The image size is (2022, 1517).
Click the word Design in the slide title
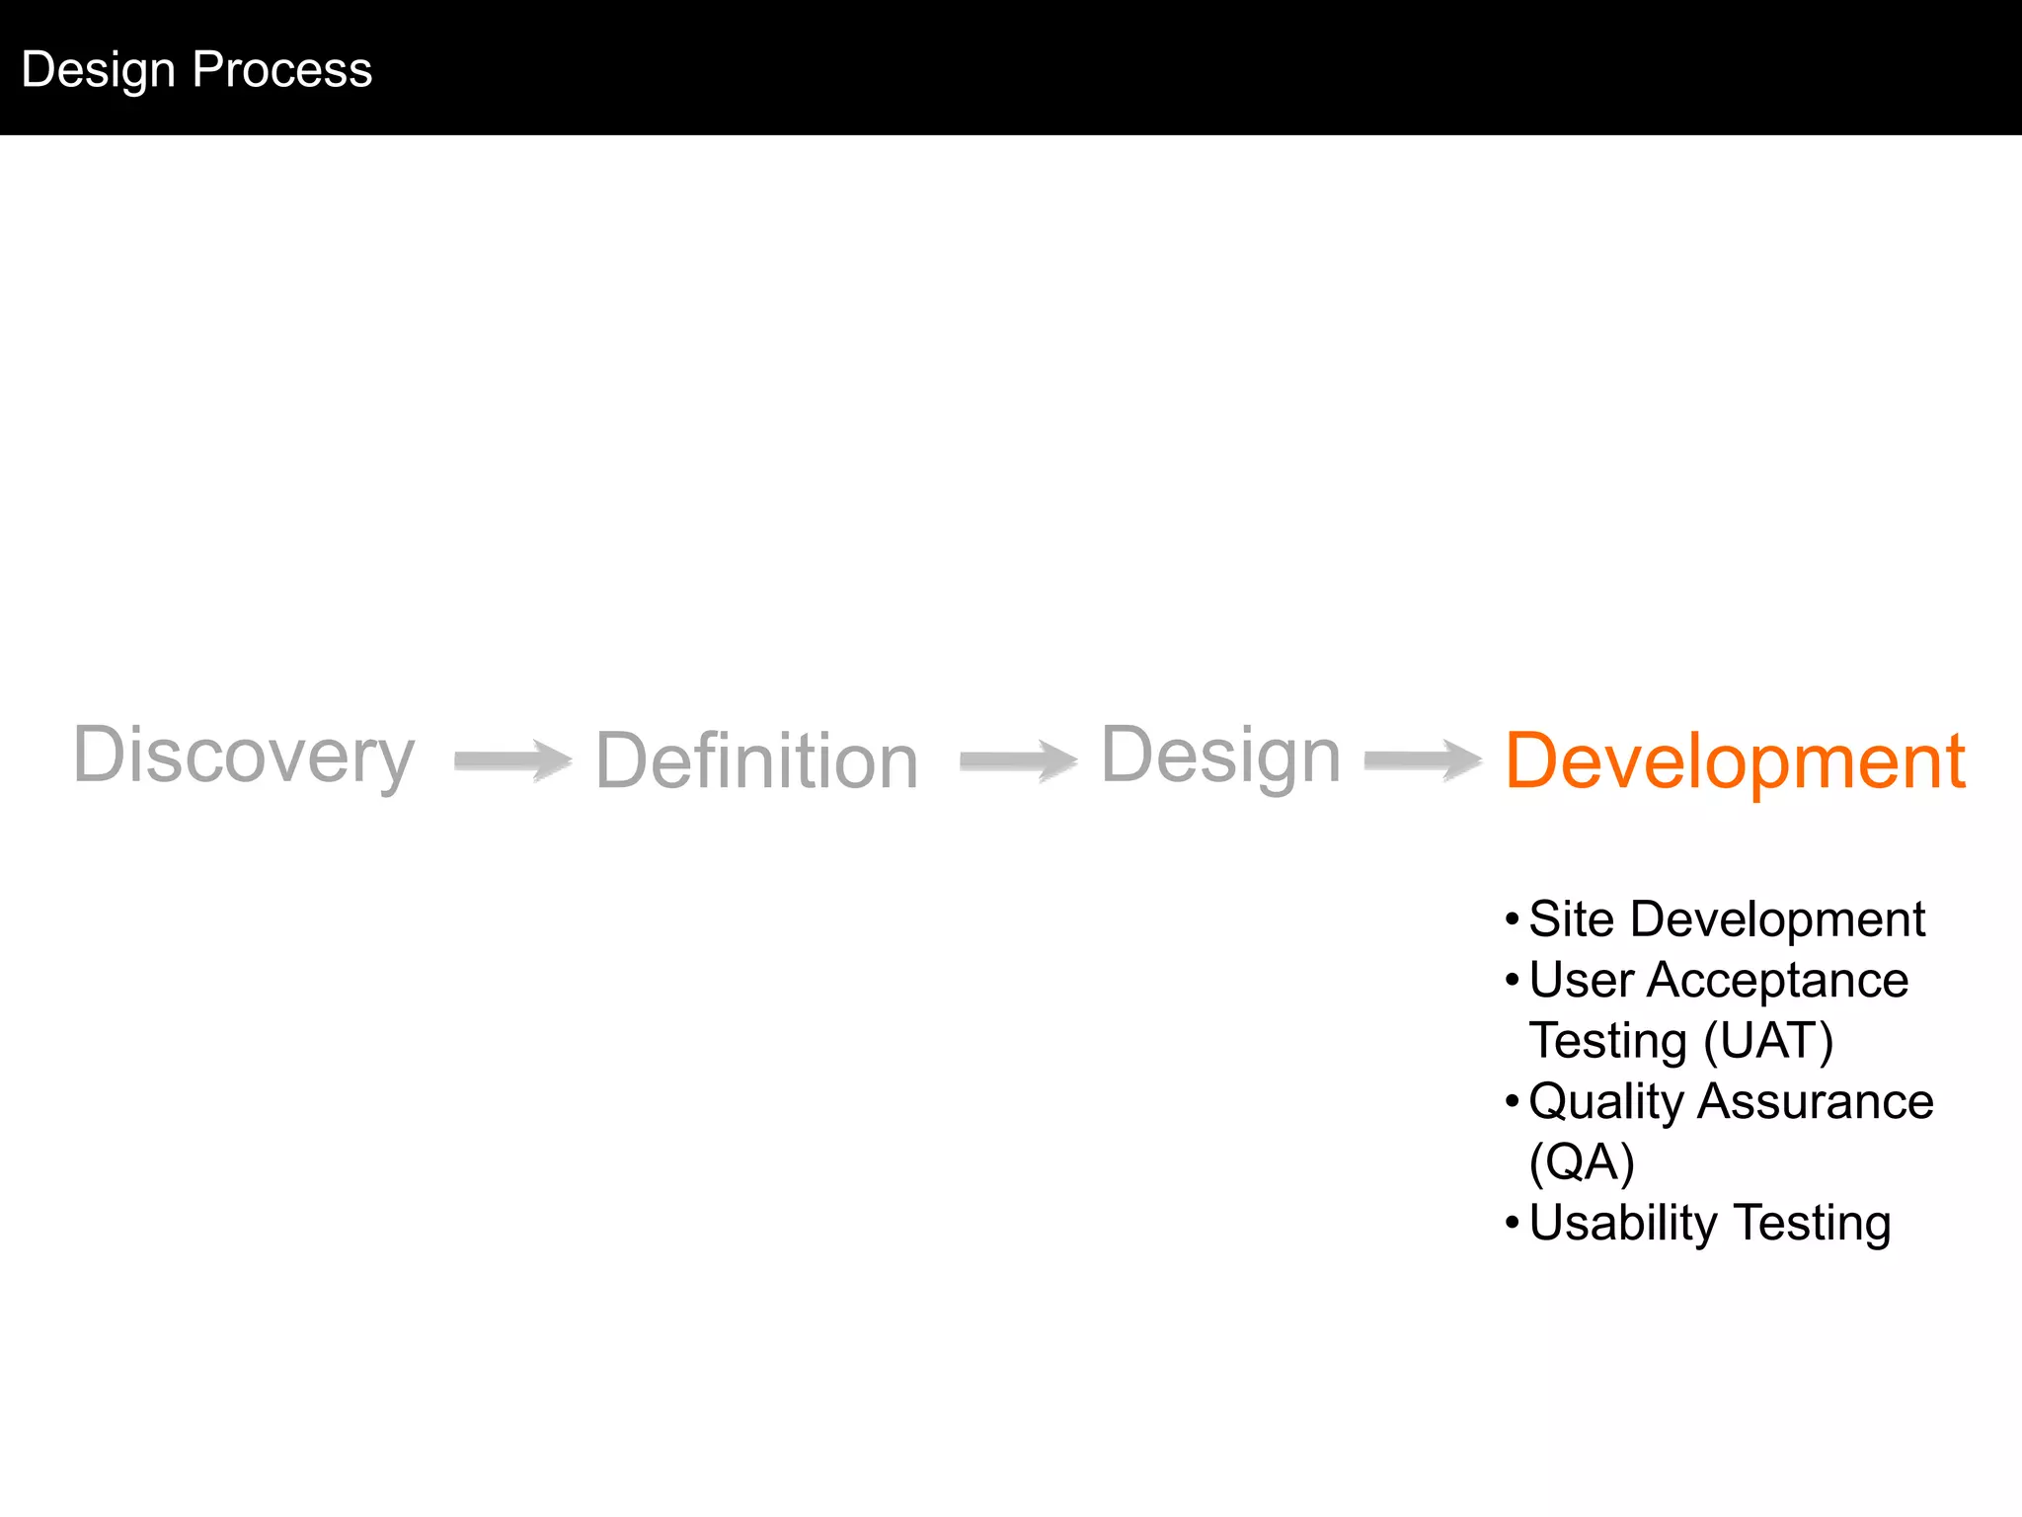pyautogui.click(x=98, y=70)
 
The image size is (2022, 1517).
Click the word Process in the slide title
pyautogui.click(x=282, y=70)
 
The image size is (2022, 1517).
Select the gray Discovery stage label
pyautogui.click(x=244, y=756)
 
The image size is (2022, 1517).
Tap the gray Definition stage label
pyautogui.click(x=756, y=761)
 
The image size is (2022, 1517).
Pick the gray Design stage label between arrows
pyautogui.click(x=1220, y=756)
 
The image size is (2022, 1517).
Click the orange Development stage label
pyautogui.click(x=1735, y=761)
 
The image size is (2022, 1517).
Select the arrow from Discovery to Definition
pyautogui.click(x=512, y=760)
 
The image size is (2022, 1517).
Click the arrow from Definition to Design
pyautogui.click(x=1018, y=760)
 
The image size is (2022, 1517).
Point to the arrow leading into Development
pyautogui.click(x=1423, y=760)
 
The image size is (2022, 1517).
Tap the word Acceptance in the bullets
pyautogui.click(x=1777, y=981)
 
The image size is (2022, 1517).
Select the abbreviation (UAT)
pyautogui.click(x=1768, y=1041)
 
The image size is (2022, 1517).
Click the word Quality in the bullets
pyautogui.click(x=1605, y=1102)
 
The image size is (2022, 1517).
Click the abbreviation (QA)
pyautogui.click(x=1582, y=1162)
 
